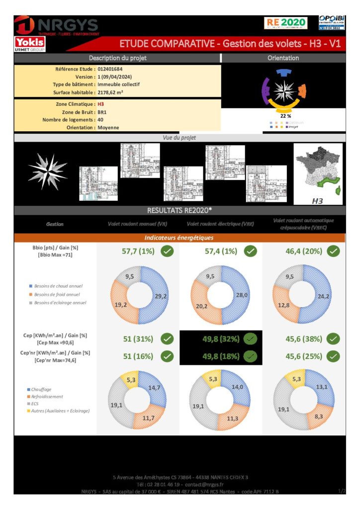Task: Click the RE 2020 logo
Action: [x=286, y=23]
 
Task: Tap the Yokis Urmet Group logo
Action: [x=30, y=44]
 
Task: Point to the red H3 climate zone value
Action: [x=101, y=104]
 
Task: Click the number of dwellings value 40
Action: [x=101, y=120]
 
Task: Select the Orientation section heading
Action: [x=283, y=58]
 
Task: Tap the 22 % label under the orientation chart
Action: [x=285, y=116]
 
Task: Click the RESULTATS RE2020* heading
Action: [x=180, y=210]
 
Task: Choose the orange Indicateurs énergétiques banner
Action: [x=180, y=238]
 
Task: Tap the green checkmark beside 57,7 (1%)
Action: [x=168, y=251]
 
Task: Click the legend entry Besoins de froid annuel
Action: [x=58, y=294]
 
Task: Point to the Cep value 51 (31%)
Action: [x=138, y=339]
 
